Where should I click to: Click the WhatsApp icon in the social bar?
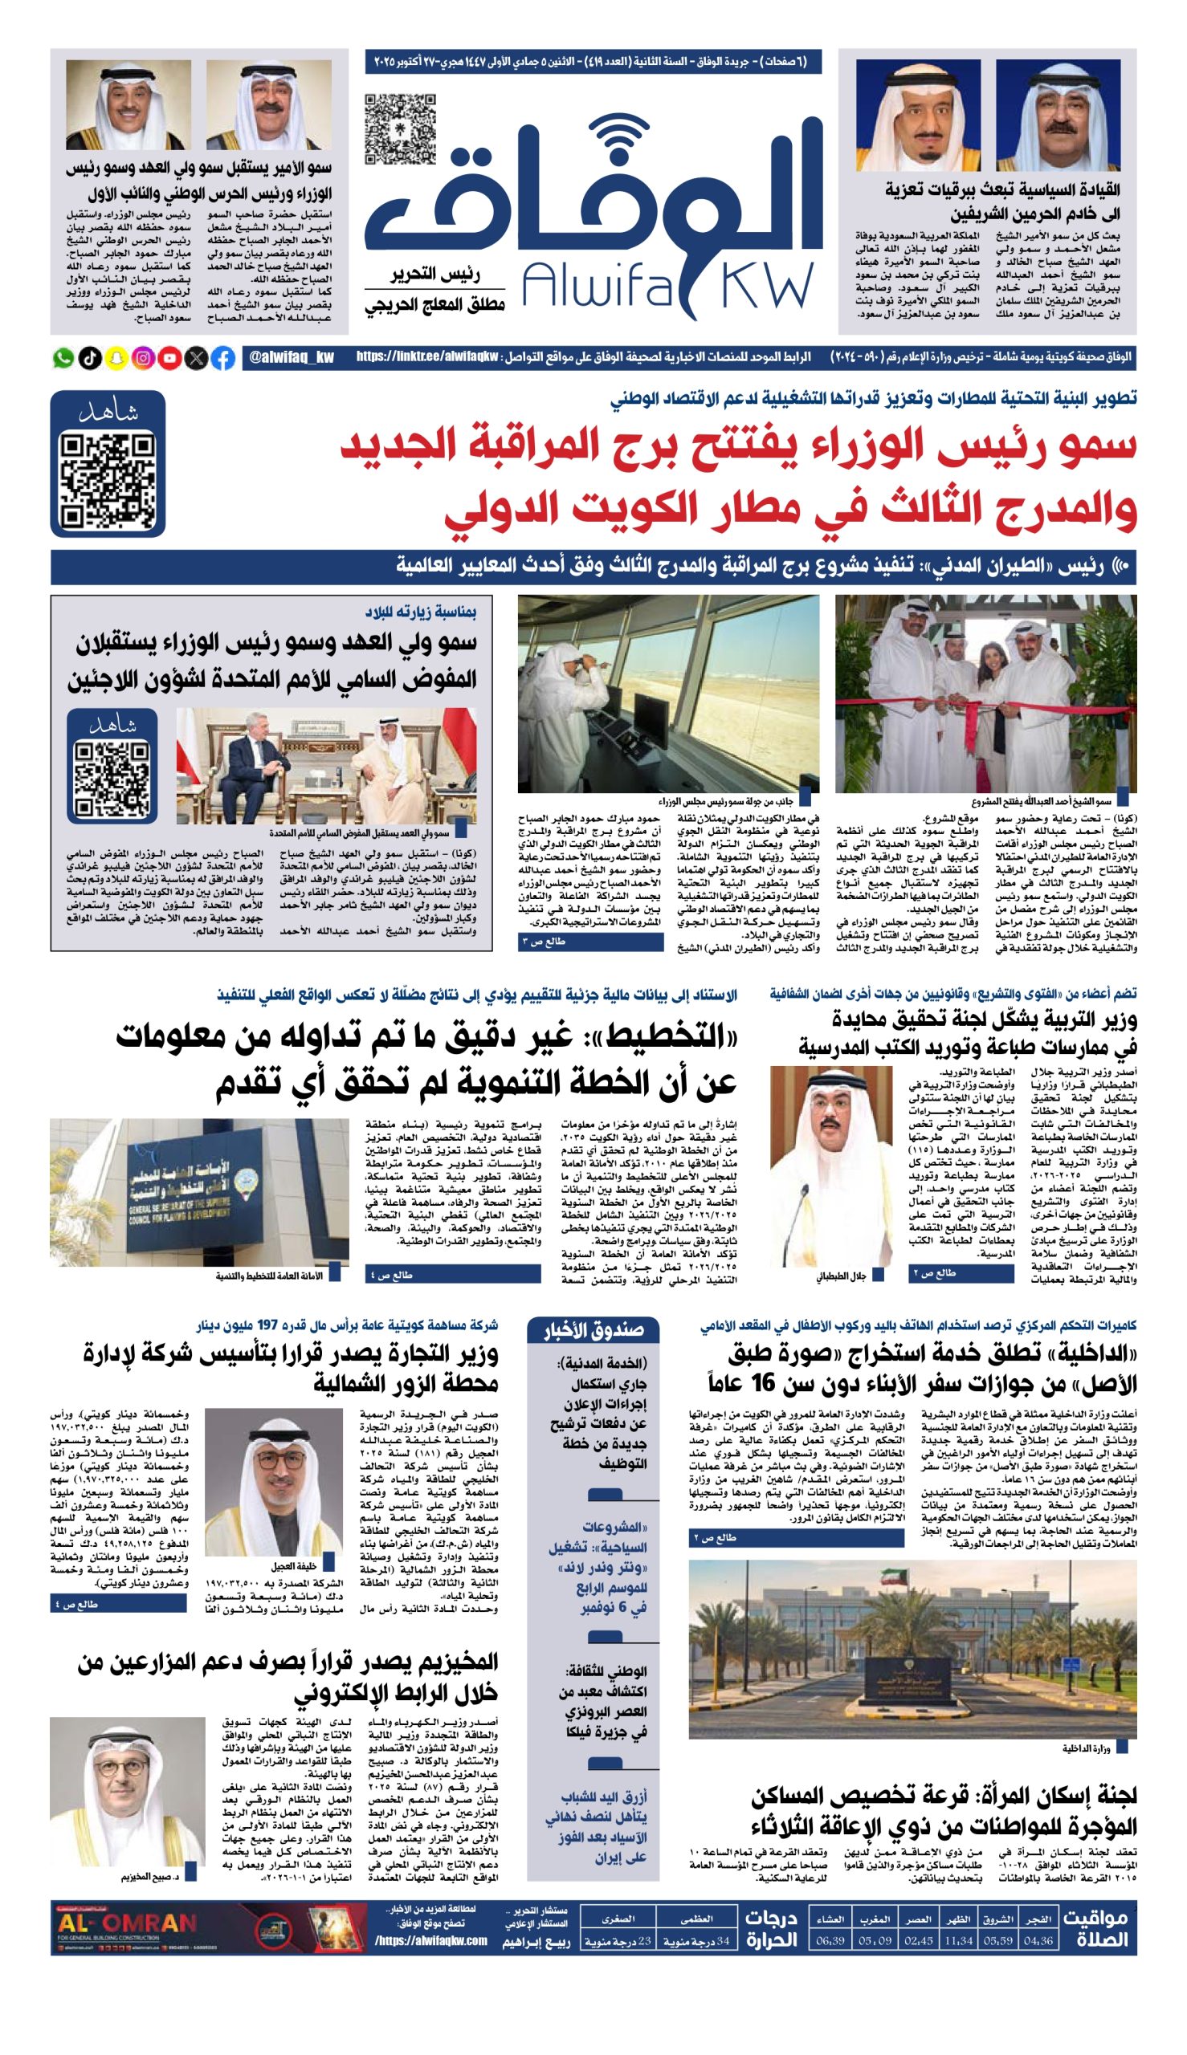pos(63,358)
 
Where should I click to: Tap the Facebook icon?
pos(223,358)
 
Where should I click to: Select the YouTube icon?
pos(169,358)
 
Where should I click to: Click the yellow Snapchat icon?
pos(116,358)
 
